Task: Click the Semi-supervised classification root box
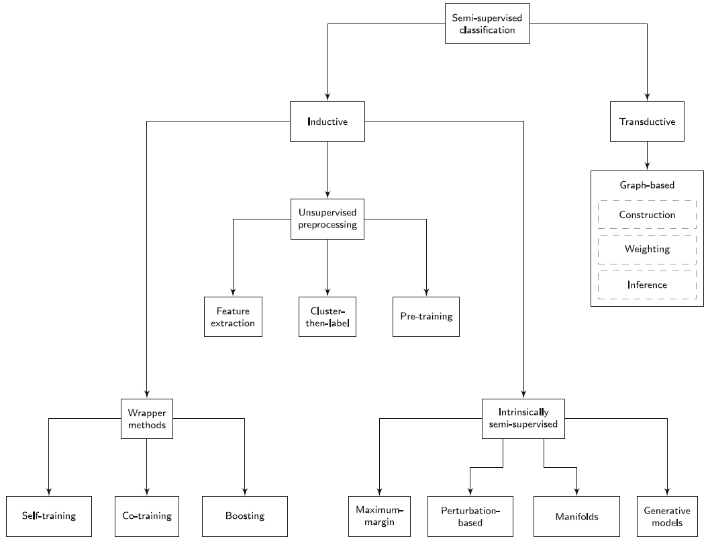[487, 23]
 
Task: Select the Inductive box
[327, 121]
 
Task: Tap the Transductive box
[647, 121]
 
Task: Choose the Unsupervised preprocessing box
[327, 219]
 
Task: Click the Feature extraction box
[233, 317]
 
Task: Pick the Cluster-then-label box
[327, 317]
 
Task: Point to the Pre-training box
[426, 317]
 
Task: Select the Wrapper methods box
[147, 419]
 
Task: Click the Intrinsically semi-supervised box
[523, 419]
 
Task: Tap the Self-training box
[49, 516]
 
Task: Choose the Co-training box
[147, 516]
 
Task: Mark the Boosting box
[245, 516]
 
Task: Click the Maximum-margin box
[379, 516]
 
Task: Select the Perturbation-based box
[470, 516]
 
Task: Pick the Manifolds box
[576, 516]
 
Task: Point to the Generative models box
[667, 516]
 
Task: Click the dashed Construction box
[647, 215]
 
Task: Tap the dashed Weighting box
[647, 249]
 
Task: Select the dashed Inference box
[647, 285]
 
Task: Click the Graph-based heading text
[647, 185]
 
